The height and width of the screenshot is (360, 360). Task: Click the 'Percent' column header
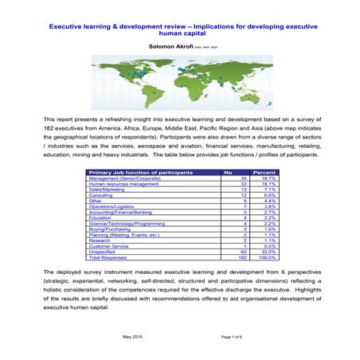[264, 172]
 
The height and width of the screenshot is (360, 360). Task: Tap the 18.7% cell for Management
[267, 178]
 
